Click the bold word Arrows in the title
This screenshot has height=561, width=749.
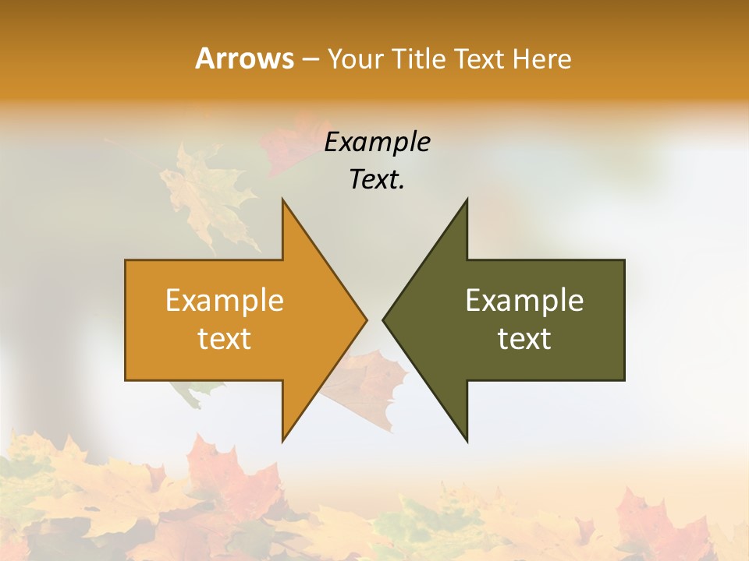244,58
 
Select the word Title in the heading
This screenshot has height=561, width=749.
418,58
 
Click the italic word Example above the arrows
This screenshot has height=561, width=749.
378,142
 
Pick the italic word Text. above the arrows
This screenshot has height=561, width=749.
378,180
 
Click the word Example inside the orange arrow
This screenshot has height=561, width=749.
225,301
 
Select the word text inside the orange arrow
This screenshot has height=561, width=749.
225,339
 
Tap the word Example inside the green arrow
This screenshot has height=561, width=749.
524,301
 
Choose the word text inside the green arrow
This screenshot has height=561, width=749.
524,339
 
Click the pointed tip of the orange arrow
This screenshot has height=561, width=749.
364,319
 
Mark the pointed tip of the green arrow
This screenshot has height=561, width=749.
385,319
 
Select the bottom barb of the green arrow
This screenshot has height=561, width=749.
466,436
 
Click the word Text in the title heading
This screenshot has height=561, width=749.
480,58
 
